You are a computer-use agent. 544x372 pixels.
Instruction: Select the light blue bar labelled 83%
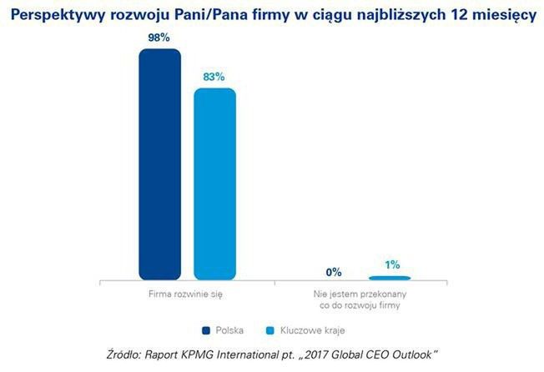coord(214,183)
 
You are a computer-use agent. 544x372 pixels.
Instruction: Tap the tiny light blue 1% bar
coord(390,277)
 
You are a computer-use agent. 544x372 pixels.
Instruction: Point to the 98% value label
coord(160,38)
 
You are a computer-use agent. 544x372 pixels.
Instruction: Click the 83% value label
coord(214,77)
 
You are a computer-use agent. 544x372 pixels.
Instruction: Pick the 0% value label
coord(335,272)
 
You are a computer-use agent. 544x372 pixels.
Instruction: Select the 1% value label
coord(390,264)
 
